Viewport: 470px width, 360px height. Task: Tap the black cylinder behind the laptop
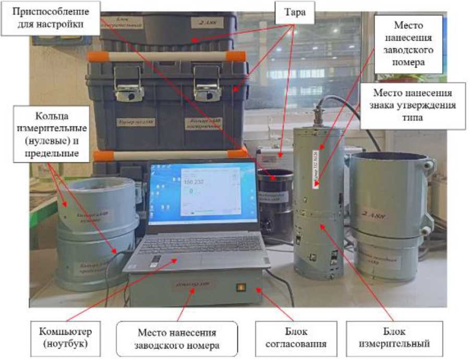click(x=276, y=203)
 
